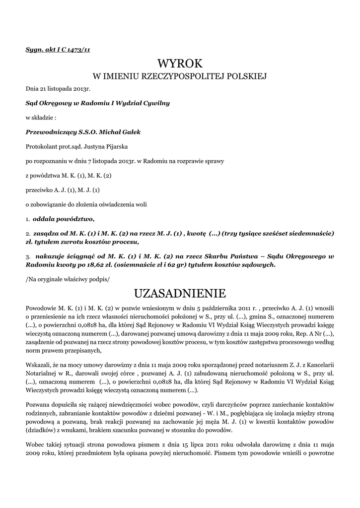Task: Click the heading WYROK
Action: pos(180,63)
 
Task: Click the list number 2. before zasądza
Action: pos(28,233)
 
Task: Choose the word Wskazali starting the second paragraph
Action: pos(39,365)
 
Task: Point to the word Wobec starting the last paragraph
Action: pos(35,442)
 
